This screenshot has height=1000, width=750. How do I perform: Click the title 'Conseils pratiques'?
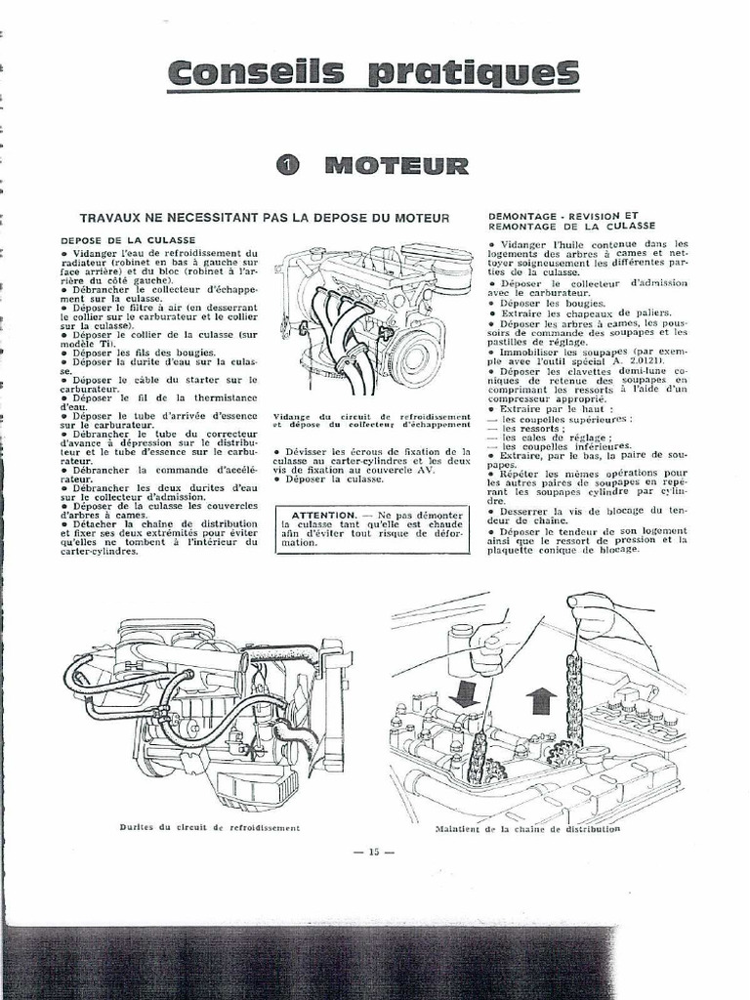coord(373,72)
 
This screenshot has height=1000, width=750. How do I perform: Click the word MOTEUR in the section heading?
coord(396,165)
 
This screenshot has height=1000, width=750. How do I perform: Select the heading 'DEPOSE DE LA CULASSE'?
coord(127,239)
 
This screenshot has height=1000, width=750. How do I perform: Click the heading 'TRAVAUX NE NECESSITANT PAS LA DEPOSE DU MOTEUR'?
coord(264,218)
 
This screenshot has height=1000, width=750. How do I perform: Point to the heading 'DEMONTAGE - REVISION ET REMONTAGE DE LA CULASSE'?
coord(563,220)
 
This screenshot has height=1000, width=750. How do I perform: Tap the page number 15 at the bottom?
coord(373,852)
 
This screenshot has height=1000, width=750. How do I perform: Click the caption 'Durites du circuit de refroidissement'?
coord(209,827)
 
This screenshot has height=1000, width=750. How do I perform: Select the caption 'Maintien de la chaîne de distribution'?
coord(527,828)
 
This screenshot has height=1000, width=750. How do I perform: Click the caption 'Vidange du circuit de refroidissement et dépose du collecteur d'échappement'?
coord(371,421)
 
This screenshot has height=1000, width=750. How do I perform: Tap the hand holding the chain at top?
coord(592,612)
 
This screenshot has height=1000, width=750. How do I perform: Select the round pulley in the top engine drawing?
coord(417,358)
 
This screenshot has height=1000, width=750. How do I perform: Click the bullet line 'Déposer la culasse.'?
coord(322,479)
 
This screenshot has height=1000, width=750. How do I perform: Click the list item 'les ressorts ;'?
coord(533,428)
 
